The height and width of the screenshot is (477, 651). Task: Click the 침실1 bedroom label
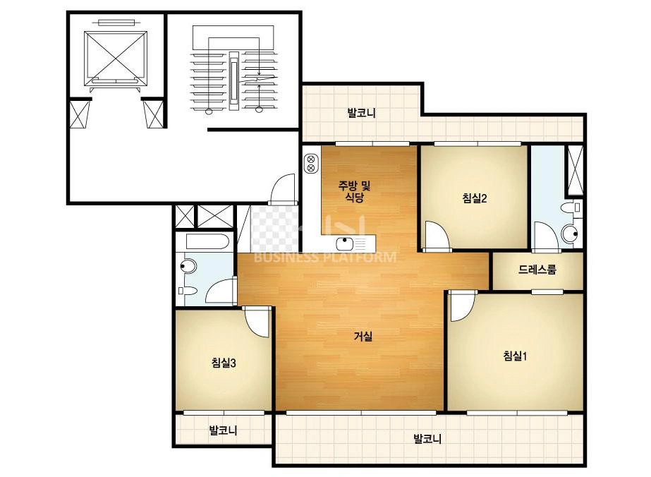coord(515,356)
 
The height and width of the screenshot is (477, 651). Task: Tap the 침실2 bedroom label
coord(475,198)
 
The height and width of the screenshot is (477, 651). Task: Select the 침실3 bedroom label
coord(224,363)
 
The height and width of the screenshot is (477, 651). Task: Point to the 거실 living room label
coord(363,336)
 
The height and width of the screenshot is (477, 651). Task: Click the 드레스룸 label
coord(537,270)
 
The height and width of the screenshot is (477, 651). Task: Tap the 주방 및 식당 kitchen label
coord(354,191)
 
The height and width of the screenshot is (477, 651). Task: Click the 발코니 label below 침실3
coord(224,430)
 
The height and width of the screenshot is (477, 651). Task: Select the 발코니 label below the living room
coord(427,438)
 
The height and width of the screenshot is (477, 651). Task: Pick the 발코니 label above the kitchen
coord(362,113)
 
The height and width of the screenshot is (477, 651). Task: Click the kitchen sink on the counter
coord(345,243)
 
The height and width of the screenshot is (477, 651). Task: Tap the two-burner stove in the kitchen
coord(310,163)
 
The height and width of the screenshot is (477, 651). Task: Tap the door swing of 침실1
coord(462,307)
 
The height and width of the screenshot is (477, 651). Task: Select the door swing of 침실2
coord(436,236)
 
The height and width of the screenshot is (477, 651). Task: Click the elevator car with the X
coord(116,59)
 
